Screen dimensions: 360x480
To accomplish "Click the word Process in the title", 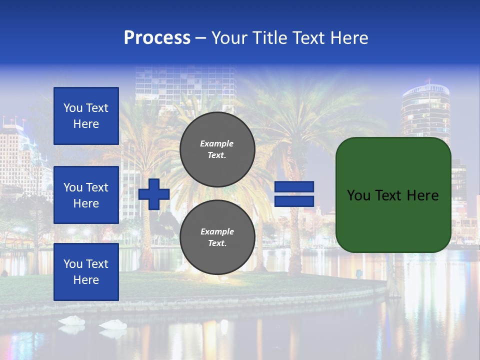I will click(157, 38).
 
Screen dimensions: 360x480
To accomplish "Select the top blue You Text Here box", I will click(86, 116).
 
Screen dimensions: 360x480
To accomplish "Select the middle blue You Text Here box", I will click(86, 195).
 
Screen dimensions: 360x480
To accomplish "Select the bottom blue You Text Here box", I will click(86, 272).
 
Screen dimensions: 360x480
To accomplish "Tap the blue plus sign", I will click(154, 194).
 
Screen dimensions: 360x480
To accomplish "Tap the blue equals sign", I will click(294, 194).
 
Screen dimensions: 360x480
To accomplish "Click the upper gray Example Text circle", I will click(217, 149).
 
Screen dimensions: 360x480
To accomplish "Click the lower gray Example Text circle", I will click(217, 237).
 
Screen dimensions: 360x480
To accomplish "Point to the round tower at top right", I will click(425, 107).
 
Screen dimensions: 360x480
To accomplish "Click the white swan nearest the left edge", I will click(71, 320).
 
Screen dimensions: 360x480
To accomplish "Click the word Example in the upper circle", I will click(216, 143).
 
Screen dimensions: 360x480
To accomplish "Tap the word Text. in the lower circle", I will click(217, 243).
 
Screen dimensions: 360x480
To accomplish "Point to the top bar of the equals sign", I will click(294, 186).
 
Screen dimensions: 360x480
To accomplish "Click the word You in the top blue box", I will click(73, 108).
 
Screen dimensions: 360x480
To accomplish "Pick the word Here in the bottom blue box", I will click(86, 280).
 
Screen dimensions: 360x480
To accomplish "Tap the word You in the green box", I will click(358, 195).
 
